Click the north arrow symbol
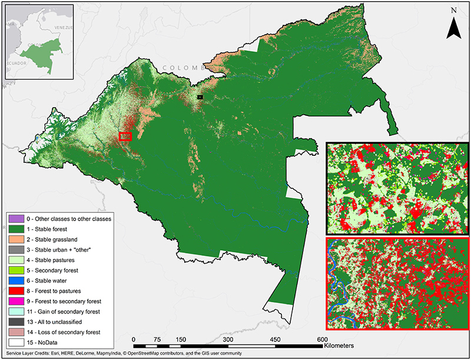453,26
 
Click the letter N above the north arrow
453,10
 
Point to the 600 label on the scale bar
321,339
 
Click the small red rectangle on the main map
124,136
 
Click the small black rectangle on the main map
200,96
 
